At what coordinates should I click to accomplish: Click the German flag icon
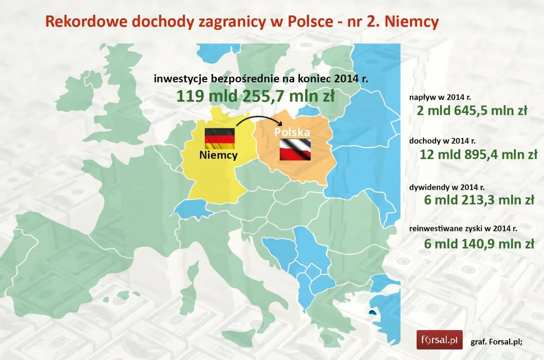pos(220,138)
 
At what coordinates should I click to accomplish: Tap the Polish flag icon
pos(295,150)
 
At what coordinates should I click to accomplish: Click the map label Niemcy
pos(218,155)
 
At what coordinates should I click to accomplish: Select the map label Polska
pos(292,132)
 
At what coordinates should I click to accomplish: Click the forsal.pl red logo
pos(439,340)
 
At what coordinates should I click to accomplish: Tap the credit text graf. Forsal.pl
pos(496,342)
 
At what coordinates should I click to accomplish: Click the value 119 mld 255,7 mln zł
pos(255,96)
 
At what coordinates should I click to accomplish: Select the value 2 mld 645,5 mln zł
pos(472,111)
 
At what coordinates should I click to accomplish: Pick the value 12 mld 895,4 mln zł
pos(478,155)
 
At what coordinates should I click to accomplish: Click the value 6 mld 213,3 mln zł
pos(479,200)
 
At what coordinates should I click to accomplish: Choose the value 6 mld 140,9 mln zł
pos(479,244)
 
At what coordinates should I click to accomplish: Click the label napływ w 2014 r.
pos(440,97)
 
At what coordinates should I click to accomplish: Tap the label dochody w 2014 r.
pos(442,141)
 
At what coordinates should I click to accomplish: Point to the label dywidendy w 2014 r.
pos(446,187)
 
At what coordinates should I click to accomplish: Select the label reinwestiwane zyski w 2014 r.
pos(463,228)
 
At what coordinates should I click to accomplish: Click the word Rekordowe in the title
pos(86,21)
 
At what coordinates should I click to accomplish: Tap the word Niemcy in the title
pos(411,21)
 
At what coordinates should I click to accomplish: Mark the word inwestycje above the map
pos(180,79)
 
